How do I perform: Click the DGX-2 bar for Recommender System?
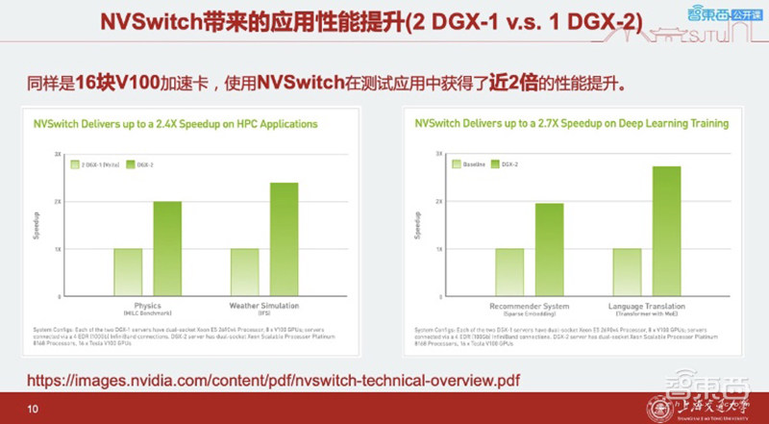tap(549, 249)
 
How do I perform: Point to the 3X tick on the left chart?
tap(58, 154)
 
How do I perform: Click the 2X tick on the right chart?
tap(438, 201)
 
